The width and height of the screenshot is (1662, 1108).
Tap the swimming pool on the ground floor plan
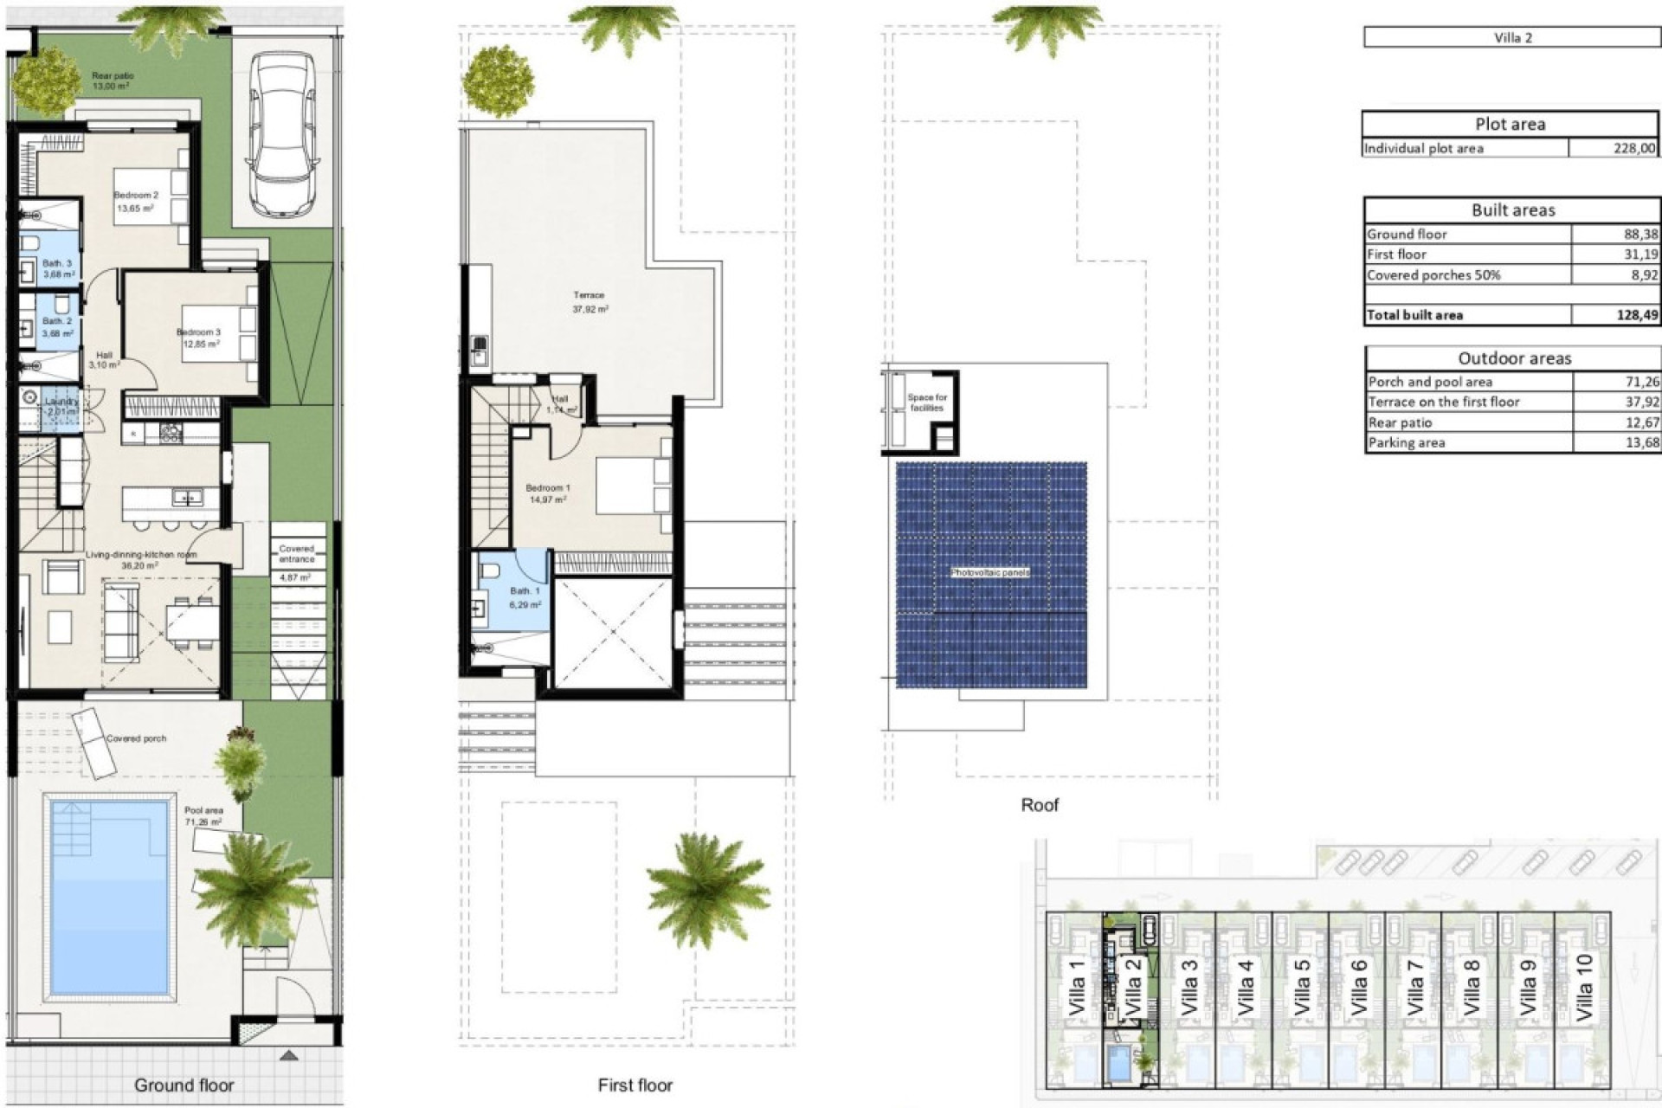(110, 896)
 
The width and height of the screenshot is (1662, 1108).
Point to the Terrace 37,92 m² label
(589, 302)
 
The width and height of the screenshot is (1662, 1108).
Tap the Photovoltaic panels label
(990, 573)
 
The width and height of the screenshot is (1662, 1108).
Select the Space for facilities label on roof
(926, 403)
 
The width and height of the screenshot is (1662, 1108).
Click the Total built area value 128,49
(1636, 315)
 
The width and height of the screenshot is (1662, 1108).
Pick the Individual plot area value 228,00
(1633, 148)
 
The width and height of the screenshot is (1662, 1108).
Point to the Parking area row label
(1406, 443)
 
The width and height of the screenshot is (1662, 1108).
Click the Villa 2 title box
(1511, 37)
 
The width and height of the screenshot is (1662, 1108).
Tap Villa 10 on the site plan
(1583, 988)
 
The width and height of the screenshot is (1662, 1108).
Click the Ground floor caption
(184, 1085)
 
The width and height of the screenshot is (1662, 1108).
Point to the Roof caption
(1039, 805)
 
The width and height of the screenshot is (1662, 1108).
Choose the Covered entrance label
(296, 554)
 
